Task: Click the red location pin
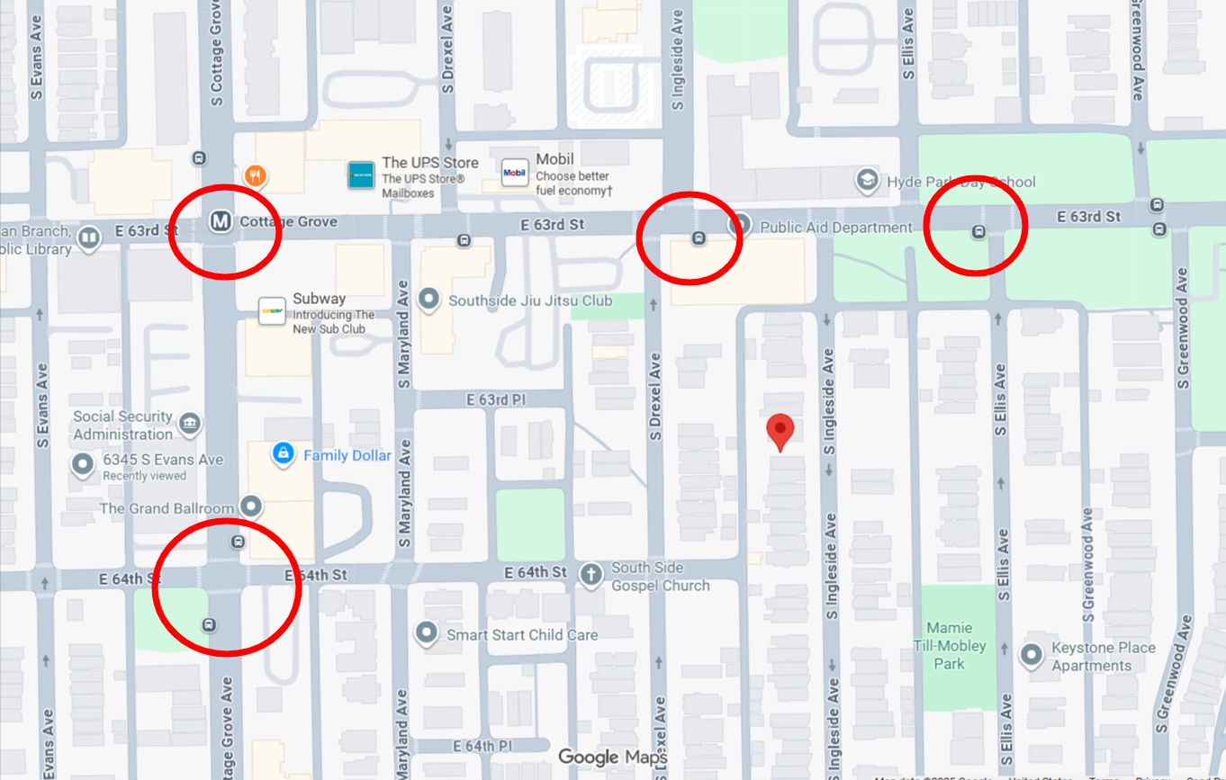tap(780, 431)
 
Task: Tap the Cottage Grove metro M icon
tap(219, 221)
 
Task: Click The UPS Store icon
tap(361, 175)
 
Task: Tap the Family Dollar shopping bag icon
tap(284, 454)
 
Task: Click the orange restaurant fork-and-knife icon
tap(256, 175)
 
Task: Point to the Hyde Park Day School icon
tap(867, 181)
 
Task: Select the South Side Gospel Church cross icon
tap(590, 576)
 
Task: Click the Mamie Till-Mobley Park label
tap(949, 646)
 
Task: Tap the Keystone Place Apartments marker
tap(1032, 656)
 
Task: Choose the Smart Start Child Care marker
tap(427, 634)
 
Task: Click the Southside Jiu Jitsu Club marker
tap(429, 300)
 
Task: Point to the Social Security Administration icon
tap(189, 424)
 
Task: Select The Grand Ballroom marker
tap(252, 507)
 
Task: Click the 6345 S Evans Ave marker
tap(84, 465)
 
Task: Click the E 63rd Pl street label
tap(495, 399)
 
